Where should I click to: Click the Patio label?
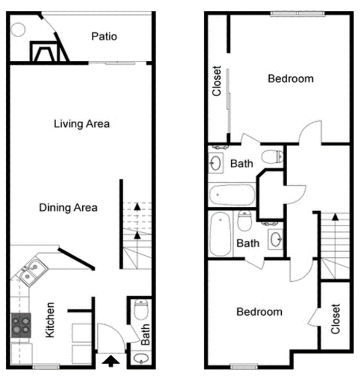pyautogui.click(x=104, y=36)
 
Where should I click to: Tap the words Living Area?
pyautogui.click(x=82, y=124)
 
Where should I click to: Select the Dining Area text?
pyautogui.click(x=68, y=208)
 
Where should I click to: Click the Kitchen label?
pyautogui.click(x=50, y=320)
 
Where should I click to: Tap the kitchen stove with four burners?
pyautogui.click(x=21, y=325)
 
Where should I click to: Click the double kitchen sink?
pyautogui.click(x=32, y=271)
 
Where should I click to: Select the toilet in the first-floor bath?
pyautogui.click(x=141, y=310)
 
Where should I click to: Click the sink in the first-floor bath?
pyautogui.click(x=141, y=358)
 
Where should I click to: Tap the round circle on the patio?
pyautogui.click(x=18, y=30)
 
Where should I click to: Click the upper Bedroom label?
pyautogui.click(x=291, y=79)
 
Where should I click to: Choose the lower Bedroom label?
pyautogui.click(x=259, y=311)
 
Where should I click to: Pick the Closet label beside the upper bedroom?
pyautogui.click(x=216, y=81)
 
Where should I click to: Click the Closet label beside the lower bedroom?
pyautogui.click(x=335, y=319)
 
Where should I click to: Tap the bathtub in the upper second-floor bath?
pyautogui.click(x=232, y=194)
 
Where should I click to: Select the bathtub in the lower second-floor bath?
pyautogui.click(x=221, y=234)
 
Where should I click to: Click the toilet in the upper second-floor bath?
pyautogui.click(x=273, y=156)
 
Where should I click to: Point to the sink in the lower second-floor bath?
pyautogui.click(x=275, y=240)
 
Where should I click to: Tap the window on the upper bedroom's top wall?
pyautogui.click(x=297, y=14)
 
